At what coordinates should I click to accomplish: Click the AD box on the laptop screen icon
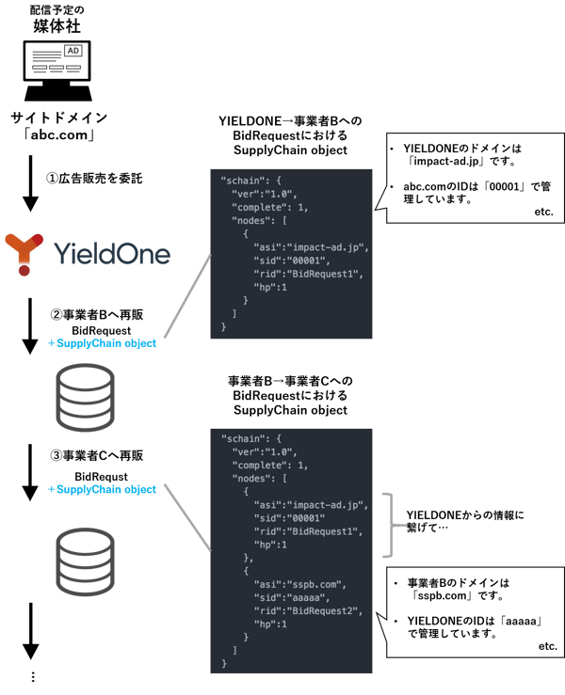click(71, 51)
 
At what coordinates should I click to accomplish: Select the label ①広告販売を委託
click(89, 179)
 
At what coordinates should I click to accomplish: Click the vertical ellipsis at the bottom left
click(31, 676)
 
